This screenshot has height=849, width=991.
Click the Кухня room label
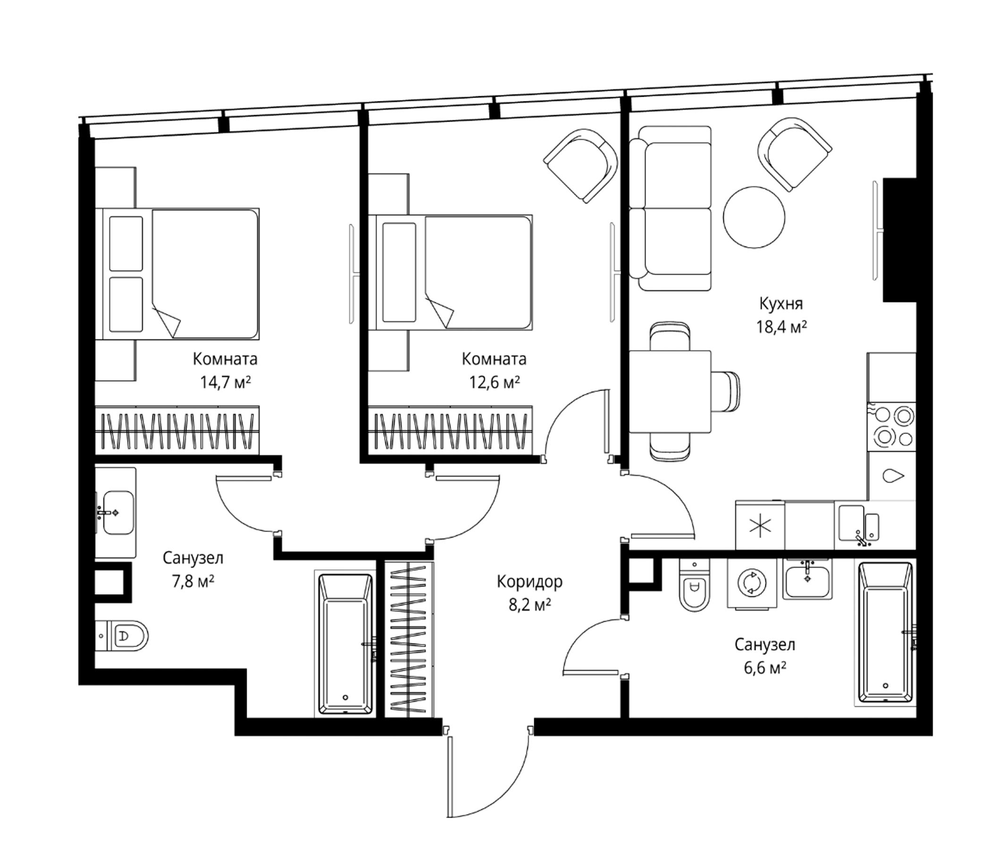pos(781,304)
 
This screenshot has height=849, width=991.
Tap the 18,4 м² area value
pos(781,327)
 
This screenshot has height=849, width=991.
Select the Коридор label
pos(529,582)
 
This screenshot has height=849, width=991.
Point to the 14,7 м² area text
pos(225,383)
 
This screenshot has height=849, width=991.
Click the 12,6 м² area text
pos(494,383)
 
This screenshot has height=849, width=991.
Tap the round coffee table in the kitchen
pos(754,217)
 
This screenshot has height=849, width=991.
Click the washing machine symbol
pos(752,583)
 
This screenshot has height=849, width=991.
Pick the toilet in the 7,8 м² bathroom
pos(122,636)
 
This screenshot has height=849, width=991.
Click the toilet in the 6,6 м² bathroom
pos(695,585)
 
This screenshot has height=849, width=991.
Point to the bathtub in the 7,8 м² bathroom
pos(345,644)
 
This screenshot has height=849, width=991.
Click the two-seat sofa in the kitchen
pos(670,208)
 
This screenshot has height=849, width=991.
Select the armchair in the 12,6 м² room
pos(580,166)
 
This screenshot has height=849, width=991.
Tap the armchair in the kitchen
pos(794,154)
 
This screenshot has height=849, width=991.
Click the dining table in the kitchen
pos(670,391)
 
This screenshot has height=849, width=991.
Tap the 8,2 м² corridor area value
pos(530,605)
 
